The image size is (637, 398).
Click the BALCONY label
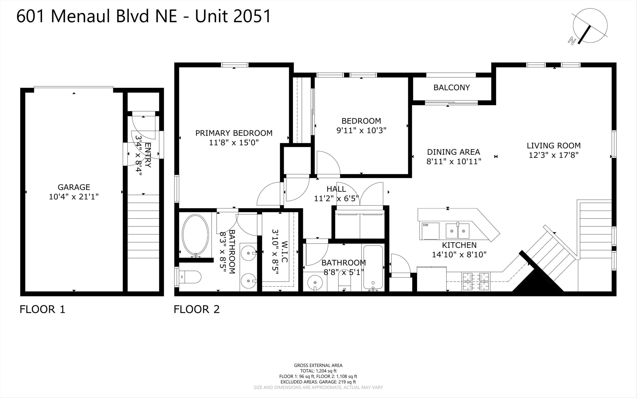point(451,87)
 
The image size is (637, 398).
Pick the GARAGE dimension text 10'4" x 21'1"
point(74,197)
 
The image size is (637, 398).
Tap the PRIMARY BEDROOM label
point(234,133)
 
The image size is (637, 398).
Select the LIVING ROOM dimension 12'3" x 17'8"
point(554,155)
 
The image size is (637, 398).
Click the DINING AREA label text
point(453,152)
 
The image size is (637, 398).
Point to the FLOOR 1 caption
point(42,309)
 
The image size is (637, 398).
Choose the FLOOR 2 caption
point(197,309)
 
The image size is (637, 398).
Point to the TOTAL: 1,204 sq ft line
point(318,371)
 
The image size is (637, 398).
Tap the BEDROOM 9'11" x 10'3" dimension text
point(361,130)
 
